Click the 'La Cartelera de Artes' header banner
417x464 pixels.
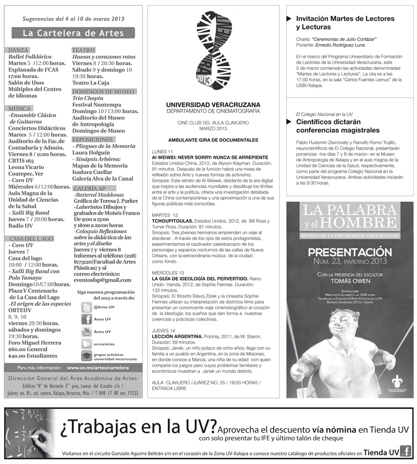(73, 33)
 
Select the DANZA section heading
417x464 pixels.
(19, 50)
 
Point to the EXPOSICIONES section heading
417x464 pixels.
(92, 140)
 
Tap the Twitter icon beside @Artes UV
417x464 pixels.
(87, 307)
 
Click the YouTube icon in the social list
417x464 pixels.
(87, 332)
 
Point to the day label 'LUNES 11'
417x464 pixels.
(162, 151)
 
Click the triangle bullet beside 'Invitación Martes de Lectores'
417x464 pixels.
(289, 19)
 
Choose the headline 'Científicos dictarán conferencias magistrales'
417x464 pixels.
(337, 126)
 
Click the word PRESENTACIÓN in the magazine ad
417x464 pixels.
(349, 253)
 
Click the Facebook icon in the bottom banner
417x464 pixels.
(406, 452)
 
